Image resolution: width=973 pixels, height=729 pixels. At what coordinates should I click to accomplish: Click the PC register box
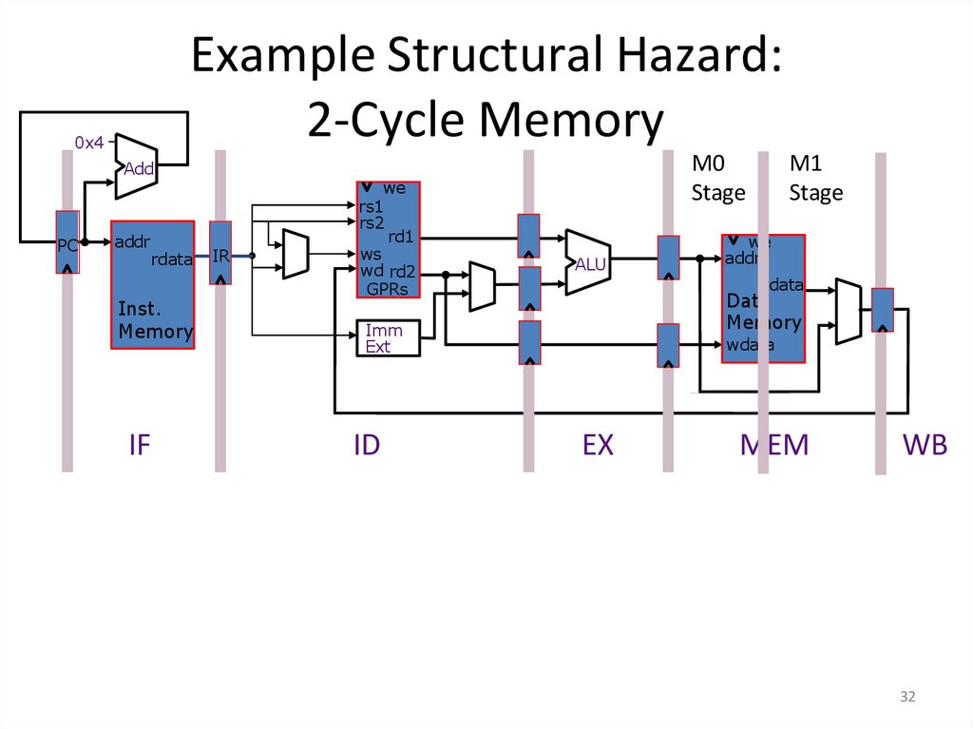point(67,242)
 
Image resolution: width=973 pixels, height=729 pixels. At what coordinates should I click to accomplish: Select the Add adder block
point(136,166)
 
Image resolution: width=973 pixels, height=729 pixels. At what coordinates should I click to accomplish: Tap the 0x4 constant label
point(88,143)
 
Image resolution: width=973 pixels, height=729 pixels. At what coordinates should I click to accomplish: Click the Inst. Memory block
point(153,285)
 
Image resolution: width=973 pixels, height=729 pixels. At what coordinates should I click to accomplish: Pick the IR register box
point(219,254)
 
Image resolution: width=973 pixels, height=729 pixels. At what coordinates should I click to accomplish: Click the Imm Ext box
point(386,337)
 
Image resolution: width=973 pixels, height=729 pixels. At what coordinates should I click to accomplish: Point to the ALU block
point(586,262)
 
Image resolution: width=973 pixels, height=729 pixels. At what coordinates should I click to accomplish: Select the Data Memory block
point(763,298)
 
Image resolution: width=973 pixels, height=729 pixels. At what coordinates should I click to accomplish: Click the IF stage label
point(140,444)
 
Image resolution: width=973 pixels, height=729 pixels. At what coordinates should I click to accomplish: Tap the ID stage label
point(366,444)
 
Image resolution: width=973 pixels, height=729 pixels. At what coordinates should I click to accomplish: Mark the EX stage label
point(599,444)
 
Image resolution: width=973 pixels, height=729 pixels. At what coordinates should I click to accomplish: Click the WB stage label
point(925,444)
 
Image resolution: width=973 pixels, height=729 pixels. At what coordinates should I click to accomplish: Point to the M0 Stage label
point(717,179)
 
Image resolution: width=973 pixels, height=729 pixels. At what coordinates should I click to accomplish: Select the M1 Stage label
point(816,179)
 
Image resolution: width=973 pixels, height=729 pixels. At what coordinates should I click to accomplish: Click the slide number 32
point(907,698)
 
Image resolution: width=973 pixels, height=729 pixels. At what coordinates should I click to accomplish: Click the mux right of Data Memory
point(848,311)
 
